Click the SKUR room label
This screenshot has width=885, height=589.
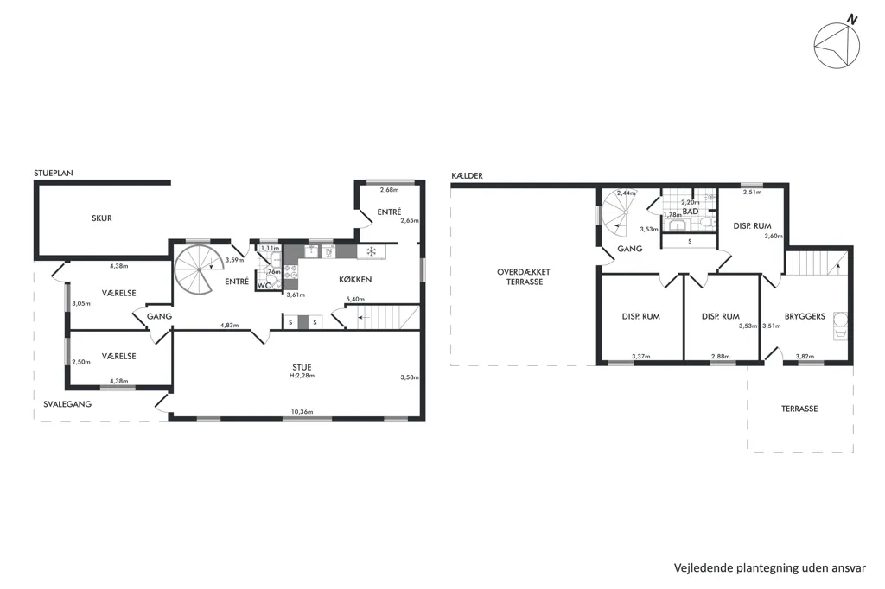coord(102,218)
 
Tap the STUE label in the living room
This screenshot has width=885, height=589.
coord(302,367)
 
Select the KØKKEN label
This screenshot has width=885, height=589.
coord(355,279)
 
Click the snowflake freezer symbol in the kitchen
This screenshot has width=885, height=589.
coord(372,251)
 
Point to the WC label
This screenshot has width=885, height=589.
coord(264,286)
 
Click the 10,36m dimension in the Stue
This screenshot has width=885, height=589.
coord(302,412)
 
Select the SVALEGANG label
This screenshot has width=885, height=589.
coord(67,404)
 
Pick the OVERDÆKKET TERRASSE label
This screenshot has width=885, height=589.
coord(524,276)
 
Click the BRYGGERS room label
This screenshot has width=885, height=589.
coord(805,316)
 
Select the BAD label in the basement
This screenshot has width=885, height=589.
coord(691,212)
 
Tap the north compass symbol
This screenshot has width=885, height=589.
coord(837,44)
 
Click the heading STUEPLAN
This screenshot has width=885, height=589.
coord(54,174)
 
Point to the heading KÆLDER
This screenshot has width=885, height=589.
coord(467,175)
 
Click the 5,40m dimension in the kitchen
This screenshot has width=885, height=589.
coord(355,299)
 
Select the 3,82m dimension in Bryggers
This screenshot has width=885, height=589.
coord(805,356)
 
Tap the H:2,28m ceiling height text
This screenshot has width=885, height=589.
coord(302,376)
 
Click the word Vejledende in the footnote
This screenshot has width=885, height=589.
coord(703,568)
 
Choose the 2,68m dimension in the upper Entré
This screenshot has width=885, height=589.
coord(389,190)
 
